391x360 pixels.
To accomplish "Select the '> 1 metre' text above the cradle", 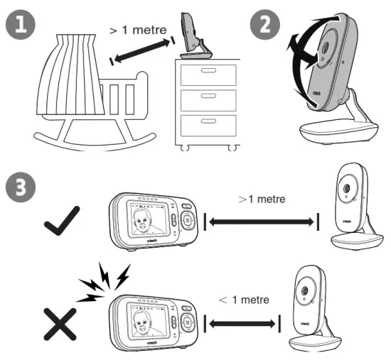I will point(139,31).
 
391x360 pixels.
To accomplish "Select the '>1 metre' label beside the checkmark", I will point(262,199).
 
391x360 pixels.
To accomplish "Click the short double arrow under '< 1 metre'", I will point(240,324).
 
